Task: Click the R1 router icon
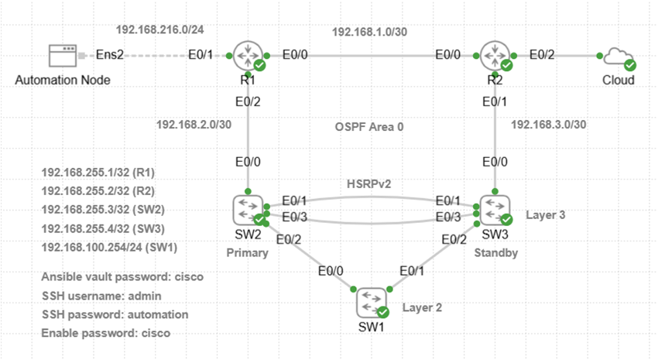248,56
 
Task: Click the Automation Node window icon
63,56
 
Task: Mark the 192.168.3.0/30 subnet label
550,123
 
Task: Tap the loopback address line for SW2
103,209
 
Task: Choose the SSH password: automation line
114,314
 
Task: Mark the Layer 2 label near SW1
423,307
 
